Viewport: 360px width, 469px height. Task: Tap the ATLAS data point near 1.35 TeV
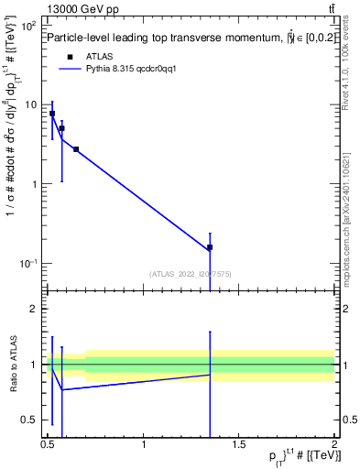coord(210,247)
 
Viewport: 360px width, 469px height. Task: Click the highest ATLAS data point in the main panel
coord(52,114)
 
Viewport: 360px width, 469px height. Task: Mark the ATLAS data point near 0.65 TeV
coord(76,149)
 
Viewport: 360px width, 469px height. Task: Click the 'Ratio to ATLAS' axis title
coord(13,365)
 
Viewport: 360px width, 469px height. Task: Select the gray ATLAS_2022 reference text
coord(190,273)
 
